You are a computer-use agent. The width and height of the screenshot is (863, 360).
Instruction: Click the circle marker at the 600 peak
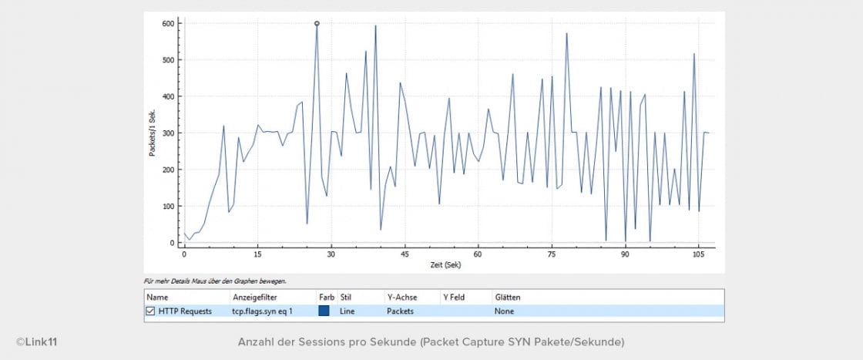pyautogui.click(x=317, y=23)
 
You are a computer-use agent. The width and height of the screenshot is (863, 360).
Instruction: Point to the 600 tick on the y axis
pyautogui.click(x=168, y=23)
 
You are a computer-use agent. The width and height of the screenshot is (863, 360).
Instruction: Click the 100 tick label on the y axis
pyautogui.click(x=168, y=207)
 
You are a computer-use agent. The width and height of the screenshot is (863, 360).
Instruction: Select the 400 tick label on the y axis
pyautogui.click(x=168, y=96)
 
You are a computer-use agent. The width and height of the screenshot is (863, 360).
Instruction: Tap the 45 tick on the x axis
pyautogui.click(x=405, y=253)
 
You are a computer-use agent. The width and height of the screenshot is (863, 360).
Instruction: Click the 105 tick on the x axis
pyautogui.click(x=698, y=253)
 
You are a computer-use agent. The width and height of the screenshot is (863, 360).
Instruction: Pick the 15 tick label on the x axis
pyautogui.click(x=257, y=253)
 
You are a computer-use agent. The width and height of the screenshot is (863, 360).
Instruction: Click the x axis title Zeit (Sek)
pyautogui.click(x=446, y=264)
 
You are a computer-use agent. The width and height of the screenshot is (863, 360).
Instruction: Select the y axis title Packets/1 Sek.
pyautogui.click(x=153, y=133)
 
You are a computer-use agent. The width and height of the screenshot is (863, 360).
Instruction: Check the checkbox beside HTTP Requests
pyautogui.click(x=151, y=311)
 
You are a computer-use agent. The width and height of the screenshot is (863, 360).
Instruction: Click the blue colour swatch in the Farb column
pyautogui.click(x=324, y=311)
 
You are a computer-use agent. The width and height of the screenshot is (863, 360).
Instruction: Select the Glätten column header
pyautogui.click(x=508, y=297)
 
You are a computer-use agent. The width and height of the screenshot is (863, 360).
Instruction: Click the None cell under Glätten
pyautogui.click(x=504, y=311)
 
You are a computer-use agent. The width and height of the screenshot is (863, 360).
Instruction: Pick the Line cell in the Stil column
pyautogui.click(x=347, y=311)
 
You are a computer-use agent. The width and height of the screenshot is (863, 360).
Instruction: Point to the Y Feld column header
pyautogui.click(x=453, y=297)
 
